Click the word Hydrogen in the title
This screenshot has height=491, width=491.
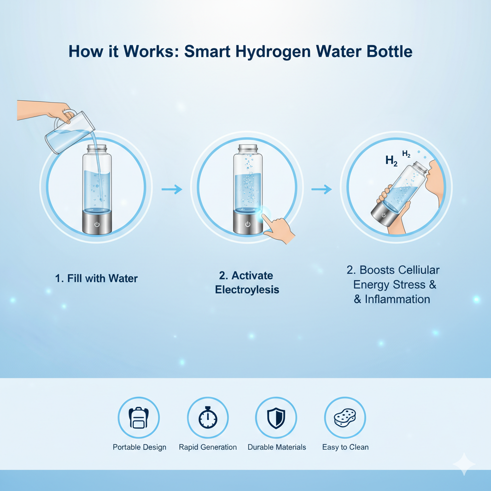[x=273, y=52]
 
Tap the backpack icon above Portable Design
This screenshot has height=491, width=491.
[x=139, y=418]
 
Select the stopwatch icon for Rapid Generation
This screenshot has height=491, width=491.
[x=208, y=417]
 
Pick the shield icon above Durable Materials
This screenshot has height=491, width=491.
[x=276, y=418]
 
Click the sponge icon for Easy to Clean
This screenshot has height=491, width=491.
[x=345, y=418]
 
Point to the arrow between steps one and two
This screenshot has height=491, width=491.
[x=172, y=189]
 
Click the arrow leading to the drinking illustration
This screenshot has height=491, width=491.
[x=322, y=189]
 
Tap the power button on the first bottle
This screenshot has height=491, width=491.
[x=97, y=224]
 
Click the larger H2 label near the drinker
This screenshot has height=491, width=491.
[x=391, y=161]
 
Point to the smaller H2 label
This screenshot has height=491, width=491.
[x=406, y=154]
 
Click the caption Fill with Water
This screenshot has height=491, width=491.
[x=96, y=279]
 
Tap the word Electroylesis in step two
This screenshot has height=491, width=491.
[x=247, y=290]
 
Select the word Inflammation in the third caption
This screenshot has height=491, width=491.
[x=397, y=299]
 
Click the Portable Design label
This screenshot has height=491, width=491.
[x=140, y=447]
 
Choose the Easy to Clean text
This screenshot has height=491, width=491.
[x=345, y=447]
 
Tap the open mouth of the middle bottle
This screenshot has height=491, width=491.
[x=248, y=146]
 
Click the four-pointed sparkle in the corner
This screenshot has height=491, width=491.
[x=464, y=464]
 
